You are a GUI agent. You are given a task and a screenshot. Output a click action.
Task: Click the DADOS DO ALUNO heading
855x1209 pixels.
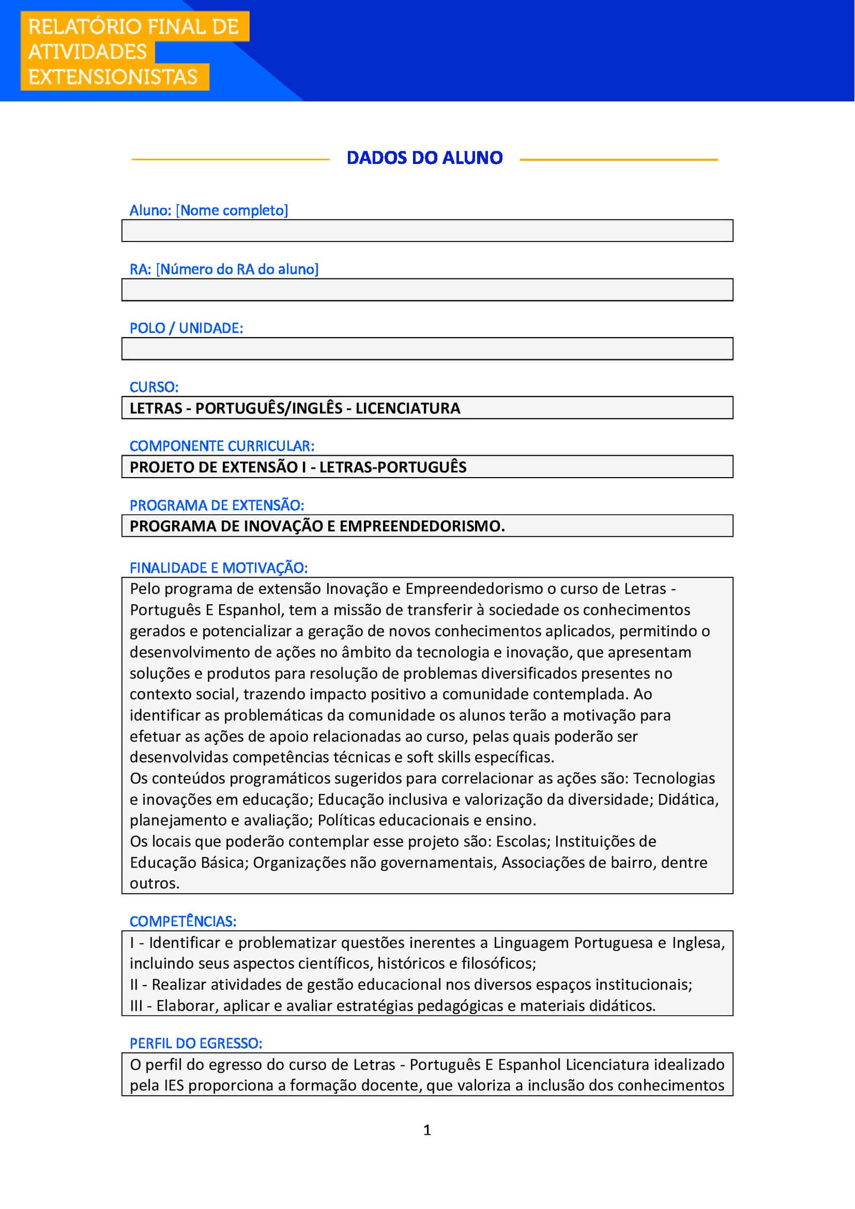424,158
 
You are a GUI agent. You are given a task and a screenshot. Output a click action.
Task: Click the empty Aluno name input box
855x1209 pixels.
427,231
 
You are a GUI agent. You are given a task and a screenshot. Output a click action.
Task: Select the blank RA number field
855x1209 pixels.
427,290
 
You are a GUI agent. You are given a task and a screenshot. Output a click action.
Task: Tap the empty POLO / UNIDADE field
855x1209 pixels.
427,349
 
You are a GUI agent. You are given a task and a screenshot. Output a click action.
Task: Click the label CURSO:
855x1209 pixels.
154,387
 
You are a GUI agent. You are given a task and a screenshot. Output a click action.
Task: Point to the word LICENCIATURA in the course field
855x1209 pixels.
408,408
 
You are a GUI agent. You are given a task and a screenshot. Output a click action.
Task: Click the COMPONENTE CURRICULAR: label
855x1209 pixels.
222,446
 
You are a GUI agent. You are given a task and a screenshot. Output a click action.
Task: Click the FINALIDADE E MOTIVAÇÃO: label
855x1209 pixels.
219,568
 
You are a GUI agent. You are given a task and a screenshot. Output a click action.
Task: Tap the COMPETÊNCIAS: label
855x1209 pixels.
183,921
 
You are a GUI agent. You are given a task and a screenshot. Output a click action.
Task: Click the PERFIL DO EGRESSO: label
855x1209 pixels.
196,1043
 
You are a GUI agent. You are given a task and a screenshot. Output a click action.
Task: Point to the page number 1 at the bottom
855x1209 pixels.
427,1129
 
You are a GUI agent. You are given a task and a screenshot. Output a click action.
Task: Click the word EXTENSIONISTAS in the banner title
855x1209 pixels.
113,77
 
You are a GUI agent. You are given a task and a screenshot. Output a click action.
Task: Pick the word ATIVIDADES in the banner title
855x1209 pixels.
87,52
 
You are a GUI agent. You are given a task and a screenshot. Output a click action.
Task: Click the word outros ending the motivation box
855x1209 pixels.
154,883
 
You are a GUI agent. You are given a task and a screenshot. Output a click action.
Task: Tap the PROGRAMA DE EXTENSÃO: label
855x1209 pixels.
216,505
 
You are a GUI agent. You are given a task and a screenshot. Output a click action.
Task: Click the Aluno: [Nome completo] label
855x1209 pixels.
208,210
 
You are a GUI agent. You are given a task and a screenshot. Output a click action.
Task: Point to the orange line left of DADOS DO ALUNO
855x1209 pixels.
230,159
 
